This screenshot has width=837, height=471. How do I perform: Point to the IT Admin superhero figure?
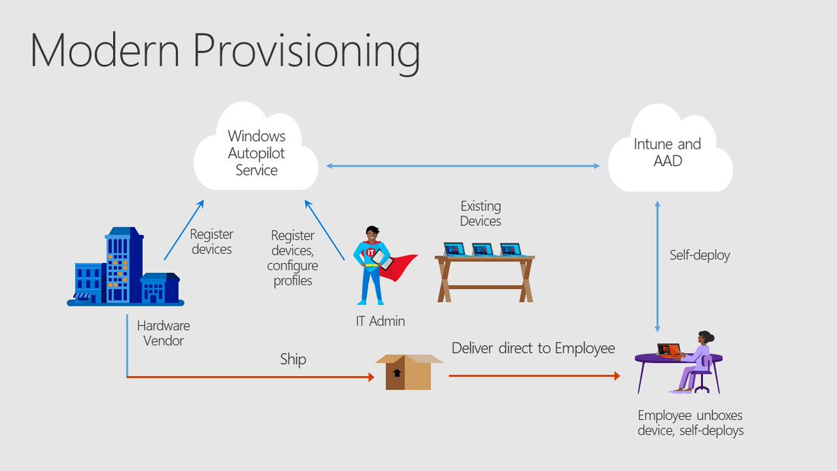pyautogui.click(x=369, y=265)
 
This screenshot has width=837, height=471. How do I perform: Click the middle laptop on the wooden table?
pyautogui.click(x=483, y=249)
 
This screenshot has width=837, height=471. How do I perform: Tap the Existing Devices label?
pyautogui.click(x=481, y=214)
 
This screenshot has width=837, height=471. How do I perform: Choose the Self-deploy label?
pyautogui.click(x=700, y=255)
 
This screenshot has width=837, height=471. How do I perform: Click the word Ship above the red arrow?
pyautogui.click(x=293, y=360)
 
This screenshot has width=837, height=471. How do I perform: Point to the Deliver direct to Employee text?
pyautogui.click(x=534, y=348)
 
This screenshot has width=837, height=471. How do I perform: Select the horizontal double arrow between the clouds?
pyautogui.click(x=462, y=166)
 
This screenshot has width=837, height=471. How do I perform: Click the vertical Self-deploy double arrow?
pyautogui.click(x=657, y=265)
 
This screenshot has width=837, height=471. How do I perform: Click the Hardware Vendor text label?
pyautogui.click(x=163, y=333)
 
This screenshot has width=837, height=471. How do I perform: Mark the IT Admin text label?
pyautogui.click(x=379, y=321)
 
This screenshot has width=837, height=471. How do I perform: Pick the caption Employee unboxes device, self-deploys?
pyautogui.click(x=691, y=423)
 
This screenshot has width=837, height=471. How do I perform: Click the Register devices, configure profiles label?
pyautogui.click(x=292, y=258)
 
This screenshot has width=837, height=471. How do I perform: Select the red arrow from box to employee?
pyautogui.click(x=534, y=376)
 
